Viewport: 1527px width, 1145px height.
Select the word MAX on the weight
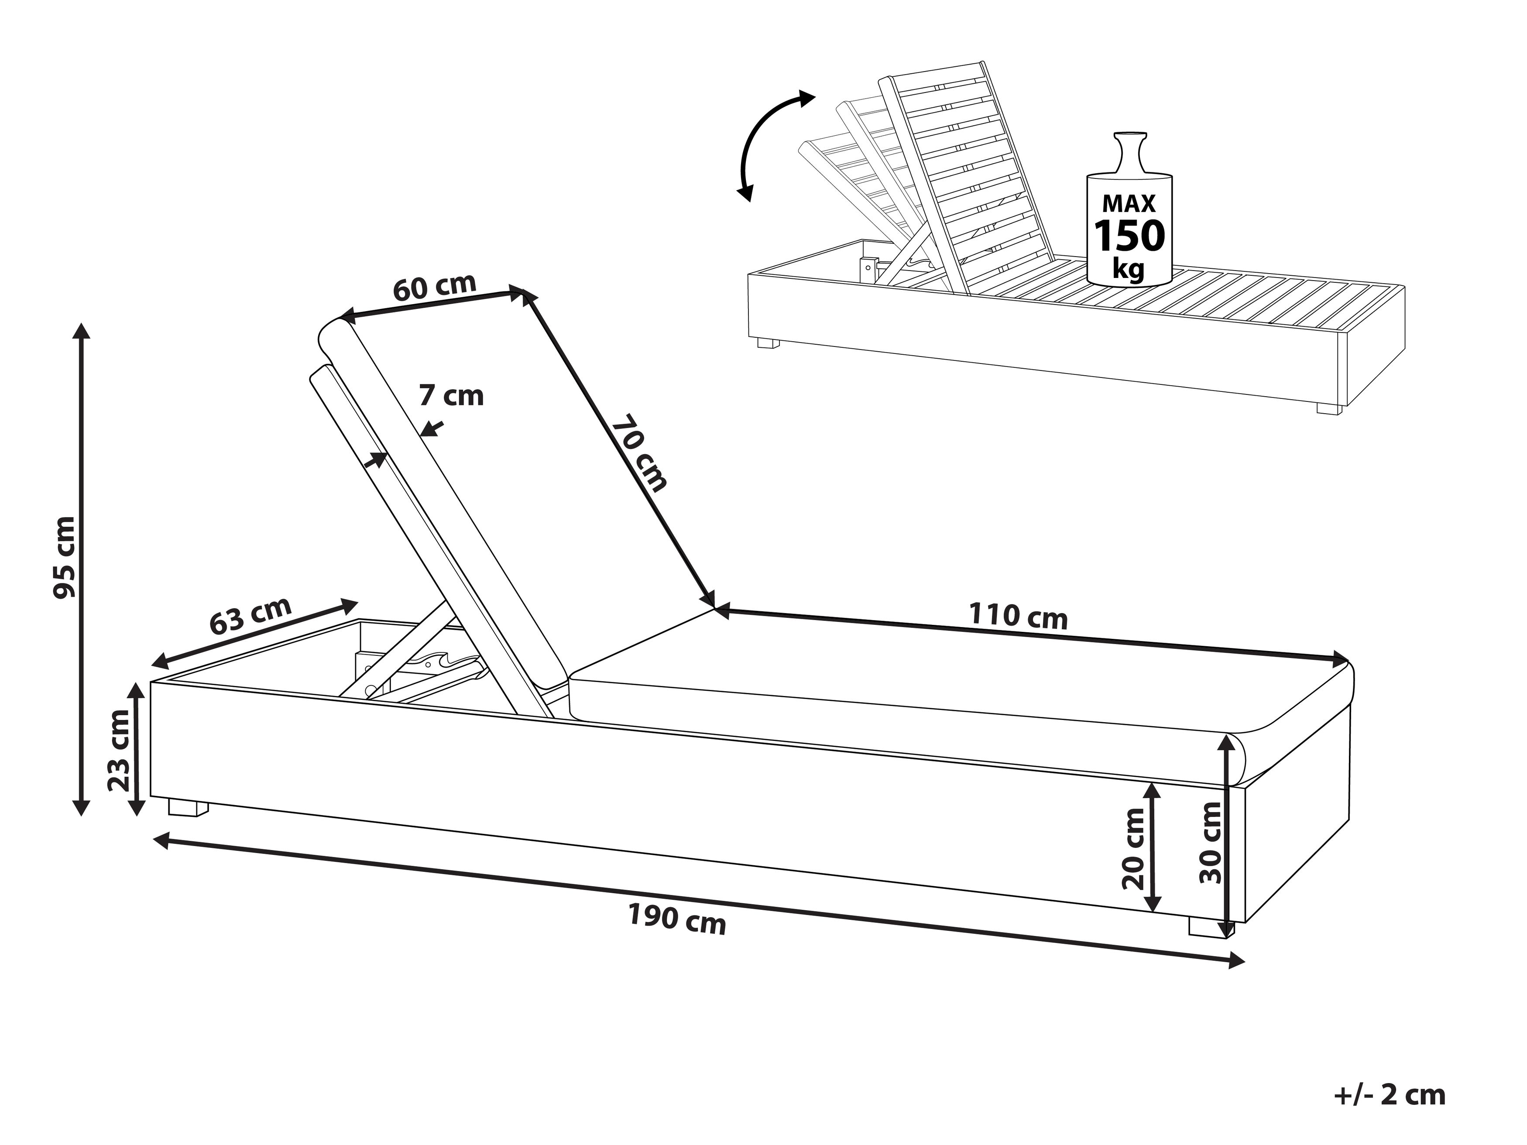pos(1129,203)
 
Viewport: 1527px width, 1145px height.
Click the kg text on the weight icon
pos(1128,268)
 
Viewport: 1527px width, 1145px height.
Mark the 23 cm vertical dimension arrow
pos(138,748)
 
